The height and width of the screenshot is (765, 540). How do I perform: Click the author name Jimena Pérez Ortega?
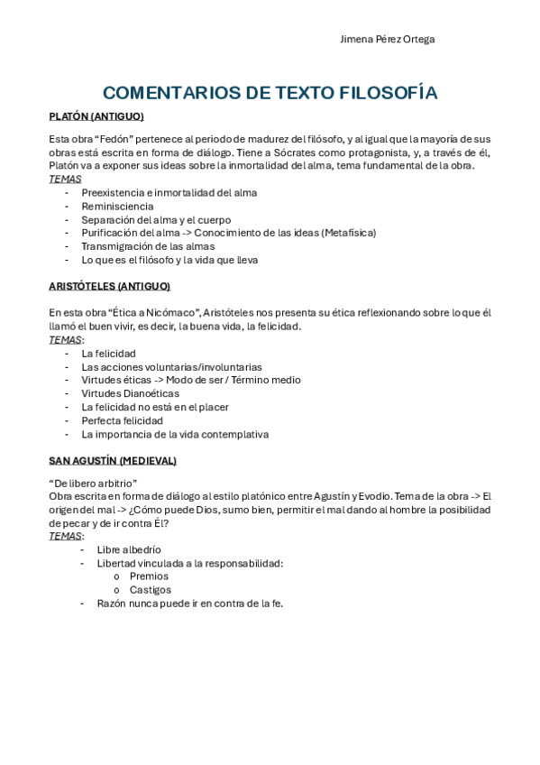click(x=387, y=40)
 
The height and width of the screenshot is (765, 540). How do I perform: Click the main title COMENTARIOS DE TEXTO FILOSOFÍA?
click(x=270, y=93)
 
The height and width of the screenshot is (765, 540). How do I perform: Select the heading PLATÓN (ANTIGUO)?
click(x=96, y=116)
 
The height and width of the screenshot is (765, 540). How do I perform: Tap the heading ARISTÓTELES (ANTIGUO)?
click(x=109, y=286)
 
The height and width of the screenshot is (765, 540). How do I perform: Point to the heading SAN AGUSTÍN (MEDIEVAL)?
click(x=112, y=460)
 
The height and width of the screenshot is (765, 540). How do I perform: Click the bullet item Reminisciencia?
click(x=117, y=206)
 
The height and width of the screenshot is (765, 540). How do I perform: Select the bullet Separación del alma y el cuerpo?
click(x=156, y=219)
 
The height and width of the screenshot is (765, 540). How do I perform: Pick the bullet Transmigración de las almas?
click(x=148, y=246)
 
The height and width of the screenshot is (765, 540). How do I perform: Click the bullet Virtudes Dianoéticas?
click(x=130, y=393)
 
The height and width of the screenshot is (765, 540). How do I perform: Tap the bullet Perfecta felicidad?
click(x=122, y=420)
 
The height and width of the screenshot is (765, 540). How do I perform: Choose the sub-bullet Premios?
click(x=149, y=576)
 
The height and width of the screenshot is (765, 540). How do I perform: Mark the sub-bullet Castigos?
click(x=150, y=589)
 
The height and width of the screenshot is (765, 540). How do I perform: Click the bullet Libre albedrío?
click(x=129, y=548)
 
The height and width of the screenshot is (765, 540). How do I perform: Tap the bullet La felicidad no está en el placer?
click(x=155, y=407)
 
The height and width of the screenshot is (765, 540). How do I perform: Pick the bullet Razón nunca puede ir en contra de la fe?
click(x=189, y=603)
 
